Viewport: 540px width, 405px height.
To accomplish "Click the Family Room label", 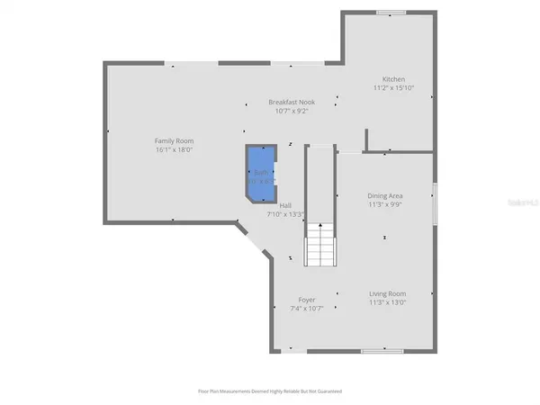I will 174,140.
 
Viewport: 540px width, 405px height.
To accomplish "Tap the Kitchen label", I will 393,79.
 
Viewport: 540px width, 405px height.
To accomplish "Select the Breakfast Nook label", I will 292,103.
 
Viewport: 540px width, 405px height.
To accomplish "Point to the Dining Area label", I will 384,195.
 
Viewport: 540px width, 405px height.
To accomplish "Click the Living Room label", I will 387,293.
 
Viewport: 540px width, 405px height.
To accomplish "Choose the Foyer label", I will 307,300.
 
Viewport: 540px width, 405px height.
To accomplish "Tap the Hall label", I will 285,206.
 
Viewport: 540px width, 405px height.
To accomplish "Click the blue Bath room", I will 261,171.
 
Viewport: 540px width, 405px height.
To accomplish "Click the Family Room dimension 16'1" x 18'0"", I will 174,150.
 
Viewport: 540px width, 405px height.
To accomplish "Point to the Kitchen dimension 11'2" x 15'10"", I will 393,88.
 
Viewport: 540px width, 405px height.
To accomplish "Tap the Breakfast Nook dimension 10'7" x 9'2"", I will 292,112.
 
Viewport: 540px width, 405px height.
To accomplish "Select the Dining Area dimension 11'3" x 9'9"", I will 384,204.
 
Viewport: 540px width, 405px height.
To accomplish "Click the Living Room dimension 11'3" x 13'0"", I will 387,302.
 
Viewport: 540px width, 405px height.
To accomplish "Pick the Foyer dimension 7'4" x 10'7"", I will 307,309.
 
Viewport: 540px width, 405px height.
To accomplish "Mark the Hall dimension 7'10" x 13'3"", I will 285,215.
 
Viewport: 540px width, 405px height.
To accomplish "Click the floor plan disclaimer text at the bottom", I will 270,391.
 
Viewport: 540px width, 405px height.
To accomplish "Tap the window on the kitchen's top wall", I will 390,13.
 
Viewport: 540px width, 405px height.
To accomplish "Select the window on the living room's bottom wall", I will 382,350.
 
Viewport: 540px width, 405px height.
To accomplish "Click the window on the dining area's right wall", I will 435,202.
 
